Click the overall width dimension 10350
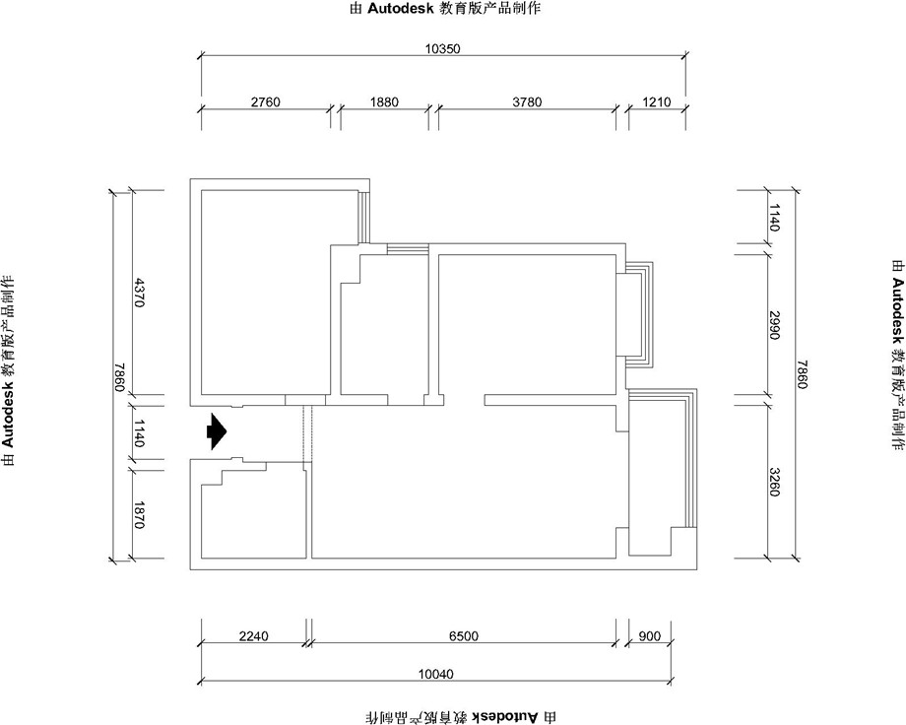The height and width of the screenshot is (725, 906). (442, 48)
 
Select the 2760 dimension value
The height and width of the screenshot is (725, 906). (265, 101)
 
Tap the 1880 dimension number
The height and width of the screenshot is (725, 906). (384, 101)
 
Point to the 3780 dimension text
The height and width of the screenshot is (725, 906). (527, 101)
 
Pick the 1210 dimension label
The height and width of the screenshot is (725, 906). (657, 101)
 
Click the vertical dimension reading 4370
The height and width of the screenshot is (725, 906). (140, 293)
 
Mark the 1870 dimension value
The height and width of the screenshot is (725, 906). (140, 514)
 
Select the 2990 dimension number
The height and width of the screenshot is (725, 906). (775, 325)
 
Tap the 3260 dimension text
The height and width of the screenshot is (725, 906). (775, 481)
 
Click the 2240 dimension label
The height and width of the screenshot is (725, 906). (254, 636)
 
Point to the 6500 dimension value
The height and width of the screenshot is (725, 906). (464, 636)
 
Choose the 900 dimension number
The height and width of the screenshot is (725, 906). (649, 636)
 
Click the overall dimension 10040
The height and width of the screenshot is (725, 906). (436, 674)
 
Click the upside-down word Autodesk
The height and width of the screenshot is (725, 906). (506, 717)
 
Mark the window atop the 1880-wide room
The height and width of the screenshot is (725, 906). (408, 249)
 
